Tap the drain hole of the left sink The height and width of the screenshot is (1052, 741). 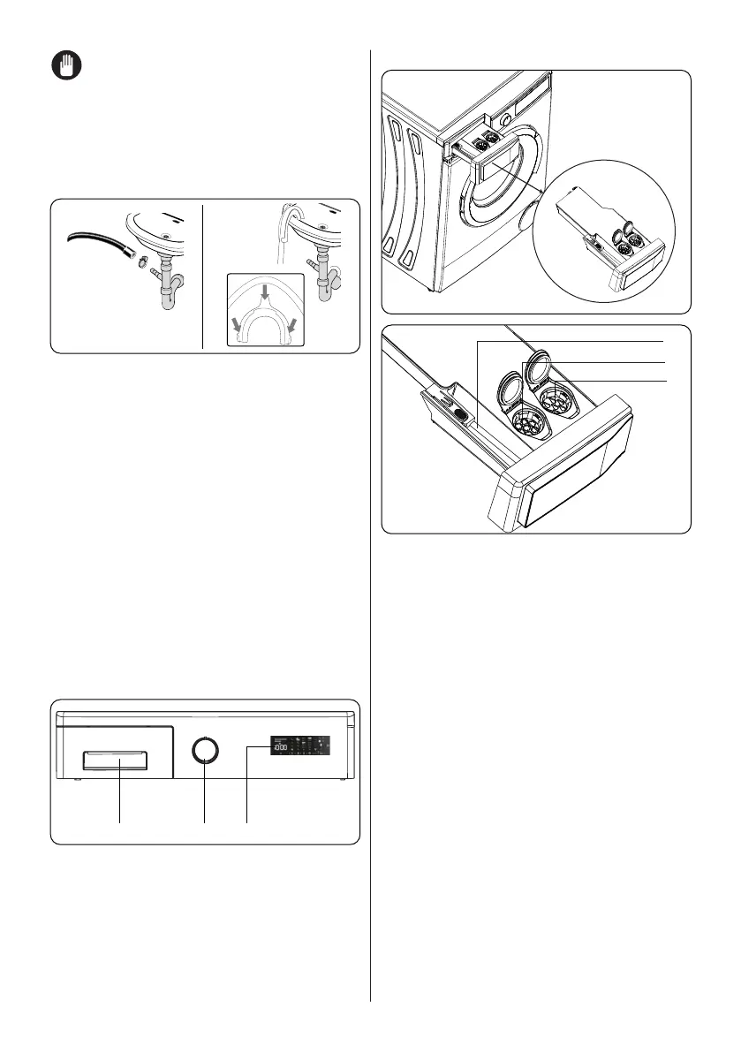point(166,236)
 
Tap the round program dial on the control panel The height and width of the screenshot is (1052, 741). point(205,750)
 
